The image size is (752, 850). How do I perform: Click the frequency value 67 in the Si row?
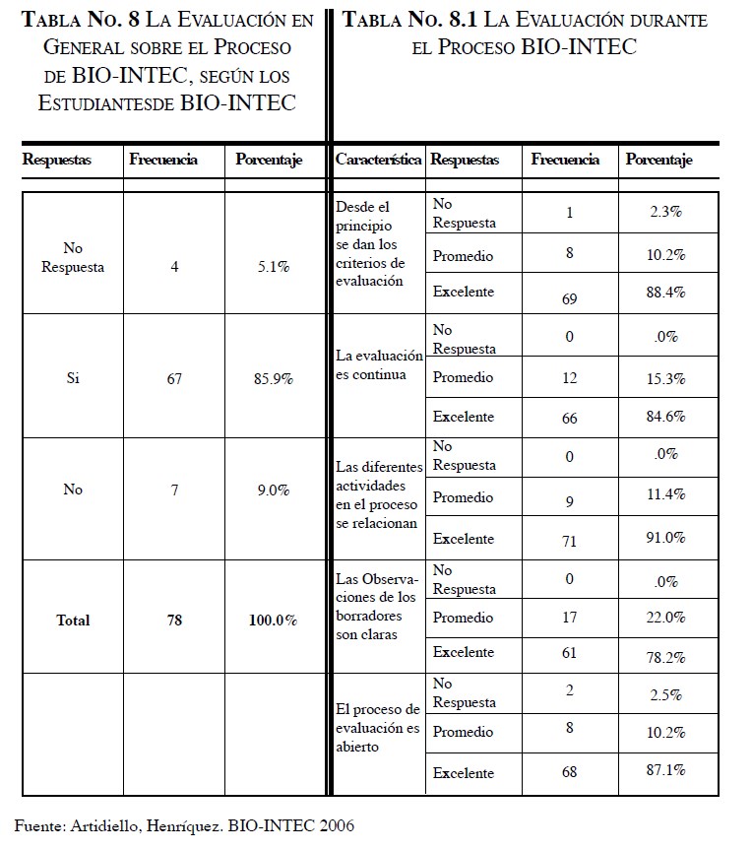coord(174,378)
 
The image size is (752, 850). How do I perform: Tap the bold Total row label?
coord(73,621)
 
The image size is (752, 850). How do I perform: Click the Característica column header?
coord(378,160)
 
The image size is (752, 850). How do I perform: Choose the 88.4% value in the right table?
coord(666,292)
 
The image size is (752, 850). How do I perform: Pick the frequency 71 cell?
coord(569,541)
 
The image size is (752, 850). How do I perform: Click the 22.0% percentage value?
coord(666,618)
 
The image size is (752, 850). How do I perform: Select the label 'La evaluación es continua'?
coord(379,364)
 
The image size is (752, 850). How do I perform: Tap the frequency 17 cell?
coord(569,618)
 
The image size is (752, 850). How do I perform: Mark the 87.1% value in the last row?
coord(666,770)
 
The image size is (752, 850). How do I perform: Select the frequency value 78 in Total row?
coord(174,621)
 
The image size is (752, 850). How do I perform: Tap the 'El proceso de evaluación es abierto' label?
coord(379,728)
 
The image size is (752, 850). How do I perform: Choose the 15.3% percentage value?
coord(666,378)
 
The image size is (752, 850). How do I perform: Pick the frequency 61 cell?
coord(569,653)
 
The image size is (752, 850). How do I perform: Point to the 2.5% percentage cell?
coord(666,694)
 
